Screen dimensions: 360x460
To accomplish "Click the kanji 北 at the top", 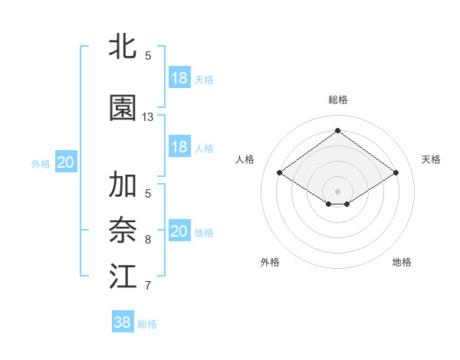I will click(123, 47).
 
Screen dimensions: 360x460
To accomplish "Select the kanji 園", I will click(123, 109).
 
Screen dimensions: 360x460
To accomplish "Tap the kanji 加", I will click(123, 185).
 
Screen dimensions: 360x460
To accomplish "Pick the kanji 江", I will click(123, 277).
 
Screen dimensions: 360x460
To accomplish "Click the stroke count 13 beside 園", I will click(148, 117).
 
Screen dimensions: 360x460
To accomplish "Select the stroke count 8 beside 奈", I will click(148, 240).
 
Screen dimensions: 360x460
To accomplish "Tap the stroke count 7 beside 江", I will click(148, 286).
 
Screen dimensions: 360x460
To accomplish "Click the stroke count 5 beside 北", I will click(148, 56).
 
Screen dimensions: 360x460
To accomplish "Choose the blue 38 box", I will click(123, 322).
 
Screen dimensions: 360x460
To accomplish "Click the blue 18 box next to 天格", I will click(179, 78).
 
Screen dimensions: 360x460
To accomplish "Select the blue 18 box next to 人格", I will click(179, 147).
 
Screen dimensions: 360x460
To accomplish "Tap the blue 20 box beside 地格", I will click(179, 231).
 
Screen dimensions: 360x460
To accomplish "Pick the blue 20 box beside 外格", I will click(66, 162).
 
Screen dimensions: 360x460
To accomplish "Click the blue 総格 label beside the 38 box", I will click(147, 324).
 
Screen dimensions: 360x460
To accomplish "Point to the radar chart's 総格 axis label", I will click(338, 100).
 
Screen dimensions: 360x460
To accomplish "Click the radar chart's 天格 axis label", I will click(431, 159).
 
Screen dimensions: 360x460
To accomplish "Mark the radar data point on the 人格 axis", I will click(280, 173).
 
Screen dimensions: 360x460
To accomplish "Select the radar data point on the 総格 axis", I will click(338, 130).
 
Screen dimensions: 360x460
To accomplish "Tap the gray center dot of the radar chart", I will click(338, 190).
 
